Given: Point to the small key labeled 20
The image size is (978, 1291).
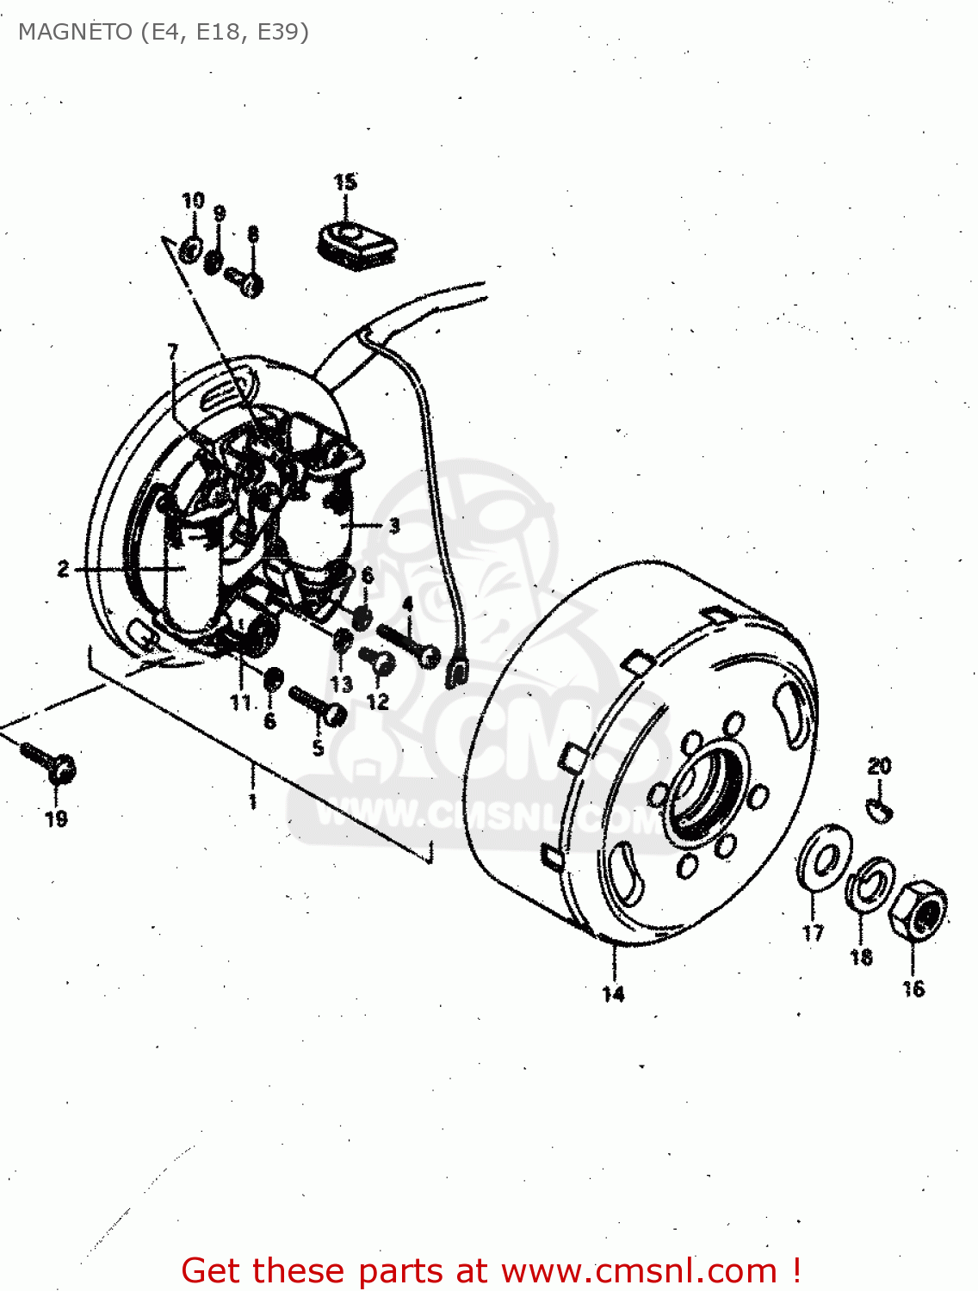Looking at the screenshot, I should [879, 808].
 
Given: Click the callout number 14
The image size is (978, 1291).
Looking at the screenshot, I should [613, 994].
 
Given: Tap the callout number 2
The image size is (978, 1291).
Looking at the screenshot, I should [63, 569].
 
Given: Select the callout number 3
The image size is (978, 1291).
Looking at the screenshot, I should [394, 524].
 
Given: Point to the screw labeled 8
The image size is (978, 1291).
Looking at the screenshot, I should [244, 280].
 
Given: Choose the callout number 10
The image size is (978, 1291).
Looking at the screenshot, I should [193, 201].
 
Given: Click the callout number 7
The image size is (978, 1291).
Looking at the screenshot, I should [173, 350].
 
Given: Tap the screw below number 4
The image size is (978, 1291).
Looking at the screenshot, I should [409, 645].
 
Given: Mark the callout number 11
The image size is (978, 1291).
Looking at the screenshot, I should [240, 702].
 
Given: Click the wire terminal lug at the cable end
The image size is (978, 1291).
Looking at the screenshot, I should [456, 671].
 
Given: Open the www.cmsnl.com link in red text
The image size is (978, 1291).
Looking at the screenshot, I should [639, 1270].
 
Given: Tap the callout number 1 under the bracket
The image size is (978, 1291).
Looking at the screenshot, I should [252, 801].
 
